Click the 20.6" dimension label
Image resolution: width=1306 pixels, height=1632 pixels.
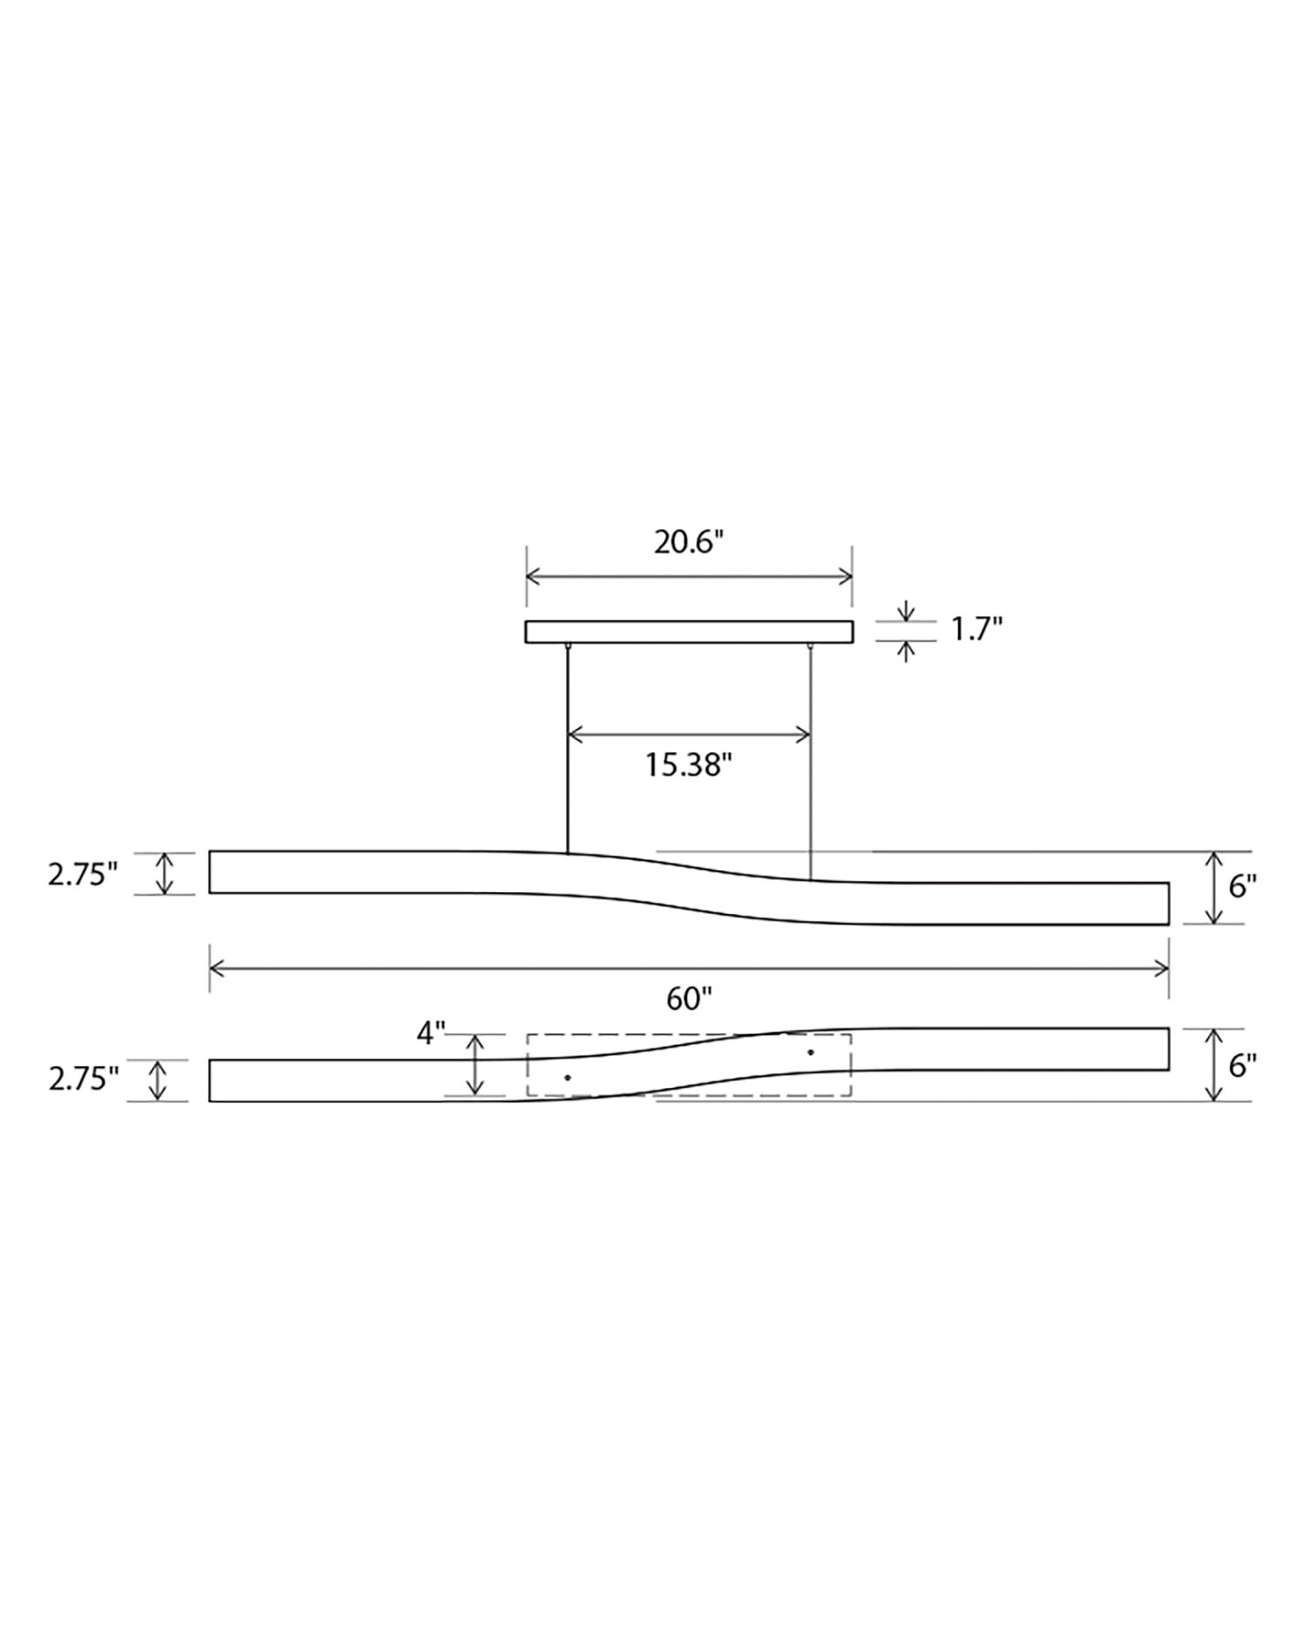[x=689, y=542]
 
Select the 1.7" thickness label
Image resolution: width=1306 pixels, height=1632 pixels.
[x=976, y=629]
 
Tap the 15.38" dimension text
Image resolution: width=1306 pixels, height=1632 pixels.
[x=688, y=765]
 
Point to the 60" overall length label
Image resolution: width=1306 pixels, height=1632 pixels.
[x=689, y=999]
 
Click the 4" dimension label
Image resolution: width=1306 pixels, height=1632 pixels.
[x=430, y=1034]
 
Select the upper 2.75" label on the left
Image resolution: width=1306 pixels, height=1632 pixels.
[x=83, y=874]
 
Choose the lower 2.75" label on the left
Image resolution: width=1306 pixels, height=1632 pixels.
[x=83, y=1080]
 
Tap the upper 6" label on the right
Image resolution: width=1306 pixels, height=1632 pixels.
[x=1242, y=887]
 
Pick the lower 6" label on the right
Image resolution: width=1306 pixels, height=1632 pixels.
[x=1242, y=1064]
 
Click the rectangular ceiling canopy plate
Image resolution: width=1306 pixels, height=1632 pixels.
[x=689, y=632]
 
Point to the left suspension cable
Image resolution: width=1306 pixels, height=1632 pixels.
[x=568, y=749]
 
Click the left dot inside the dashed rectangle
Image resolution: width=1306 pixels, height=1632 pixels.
[x=568, y=1078]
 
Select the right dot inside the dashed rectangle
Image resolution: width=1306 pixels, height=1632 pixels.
[x=811, y=1052]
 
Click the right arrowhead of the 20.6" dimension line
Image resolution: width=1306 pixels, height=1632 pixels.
[x=845, y=576]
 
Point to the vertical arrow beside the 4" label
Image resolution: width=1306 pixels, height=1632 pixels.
[x=475, y=1064]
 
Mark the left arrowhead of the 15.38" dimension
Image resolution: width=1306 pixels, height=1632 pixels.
[x=574, y=735]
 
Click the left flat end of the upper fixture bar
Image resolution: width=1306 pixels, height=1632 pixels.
[x=211, y=872]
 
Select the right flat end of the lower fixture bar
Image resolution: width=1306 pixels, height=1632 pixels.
[x=1168, y=1049]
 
